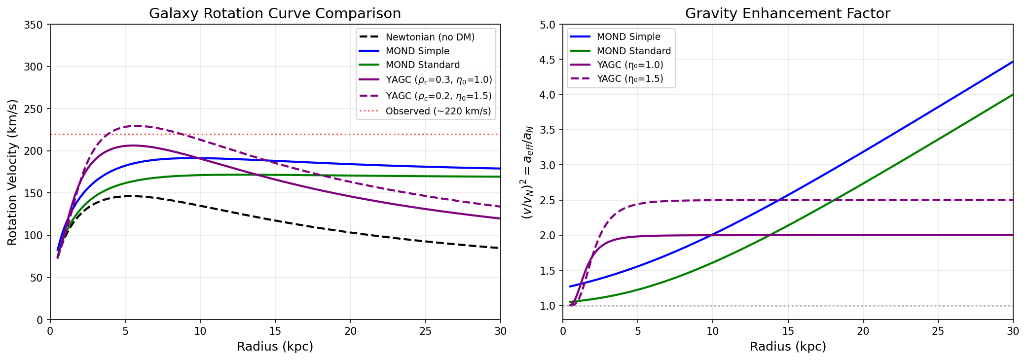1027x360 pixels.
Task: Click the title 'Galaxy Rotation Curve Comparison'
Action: click(x=275, y=13)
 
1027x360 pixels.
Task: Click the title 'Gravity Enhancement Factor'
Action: click(x=787, y=13)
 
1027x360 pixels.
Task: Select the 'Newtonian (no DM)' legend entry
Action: click(x=430, y=37)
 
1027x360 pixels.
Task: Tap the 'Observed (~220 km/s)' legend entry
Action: click(x=438, y=111)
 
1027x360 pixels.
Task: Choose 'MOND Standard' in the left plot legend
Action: click(x=422, y=65)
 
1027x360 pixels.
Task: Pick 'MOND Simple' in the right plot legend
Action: click(x=628, y=37)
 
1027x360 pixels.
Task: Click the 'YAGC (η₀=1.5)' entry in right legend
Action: click(x=629, y=78)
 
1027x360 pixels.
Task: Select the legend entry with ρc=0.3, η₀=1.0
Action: click(x=439, y=79)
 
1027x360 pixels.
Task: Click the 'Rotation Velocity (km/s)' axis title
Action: click(x=12, y=172)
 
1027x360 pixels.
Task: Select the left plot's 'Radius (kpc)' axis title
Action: click(x=275, y=347)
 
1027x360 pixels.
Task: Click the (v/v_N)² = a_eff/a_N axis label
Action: click(x=527, y=172)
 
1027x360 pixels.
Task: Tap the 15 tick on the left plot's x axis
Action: click(x=275, y=331)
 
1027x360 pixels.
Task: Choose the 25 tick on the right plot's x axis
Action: click(x=938, y=331)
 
